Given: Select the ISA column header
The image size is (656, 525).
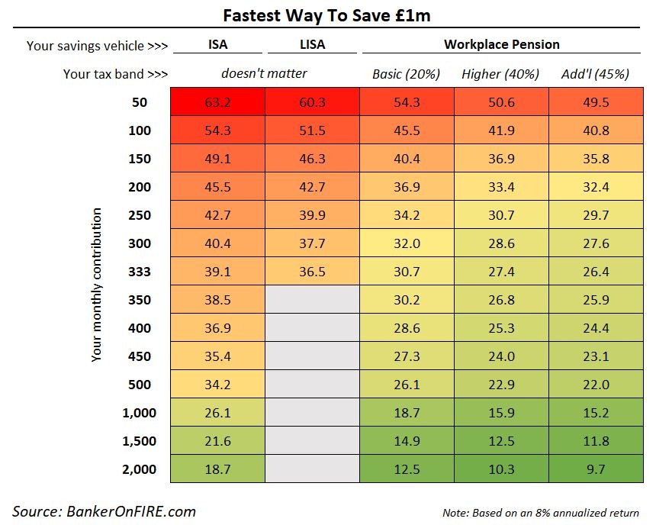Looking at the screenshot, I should pyautogui.click(x=217, y=44).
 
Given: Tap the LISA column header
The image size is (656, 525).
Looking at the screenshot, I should pyautogui.click(x=312, y=44).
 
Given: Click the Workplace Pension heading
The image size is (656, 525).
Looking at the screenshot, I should pyautogui.click(x=501, y=44).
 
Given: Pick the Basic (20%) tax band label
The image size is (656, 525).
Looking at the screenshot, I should pyautogui.click(x=407, y=74).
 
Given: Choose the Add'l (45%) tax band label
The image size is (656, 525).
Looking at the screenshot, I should pyautogui.click(x=595, y=74).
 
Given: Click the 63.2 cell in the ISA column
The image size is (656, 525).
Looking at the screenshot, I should pyautogui.click(x=217, y=102).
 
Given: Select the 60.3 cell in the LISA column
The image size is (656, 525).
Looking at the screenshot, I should pyautogui.click(x=312, y=102).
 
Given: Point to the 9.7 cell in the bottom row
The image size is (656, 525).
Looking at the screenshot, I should pyautogui.click(x=595, y=469).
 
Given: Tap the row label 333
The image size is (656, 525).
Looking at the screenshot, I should pyautogui.click(x=140, y=272).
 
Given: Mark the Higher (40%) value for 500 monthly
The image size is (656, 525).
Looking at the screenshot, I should pyautogui.click(x=501, y=385).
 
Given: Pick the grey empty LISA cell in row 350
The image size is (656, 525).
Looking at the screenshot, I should pyautogui.click(x=312, y=300).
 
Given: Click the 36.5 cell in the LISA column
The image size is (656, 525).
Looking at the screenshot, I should pyautogui.click(x=312, y=272).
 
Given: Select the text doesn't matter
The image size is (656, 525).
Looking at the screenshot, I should pyautogui.click(x=265, y=74).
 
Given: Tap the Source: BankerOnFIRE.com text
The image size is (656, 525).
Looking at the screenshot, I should pyautogui.click(x=105, y=511).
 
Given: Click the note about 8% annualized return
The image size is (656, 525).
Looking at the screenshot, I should pyautogui.click(x=540, y=512).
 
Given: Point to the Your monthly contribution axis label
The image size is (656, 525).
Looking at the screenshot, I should pyautogui.click(x=96, y=285).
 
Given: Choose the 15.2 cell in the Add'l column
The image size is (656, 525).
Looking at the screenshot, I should pyautogui.click(x=595, y=413).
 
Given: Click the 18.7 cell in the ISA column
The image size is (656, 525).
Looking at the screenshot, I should pyautogui.click(x=217, y=469).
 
